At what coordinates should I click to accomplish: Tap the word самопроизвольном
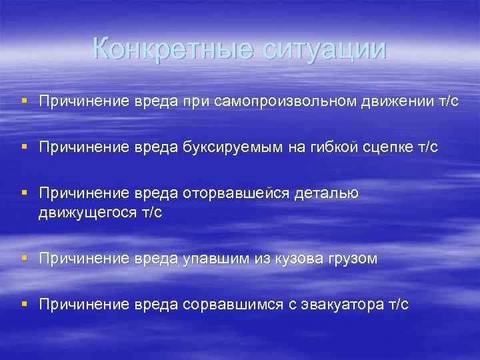(287, 102)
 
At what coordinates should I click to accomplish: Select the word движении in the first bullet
(396, 102)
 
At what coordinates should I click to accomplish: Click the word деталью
(326, 194)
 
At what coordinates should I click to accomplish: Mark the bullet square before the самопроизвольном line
(24, 101)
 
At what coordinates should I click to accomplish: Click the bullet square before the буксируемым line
(24, 147)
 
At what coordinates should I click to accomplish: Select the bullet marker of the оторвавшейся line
(24, 193)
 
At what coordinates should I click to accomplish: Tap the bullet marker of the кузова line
(24, 257)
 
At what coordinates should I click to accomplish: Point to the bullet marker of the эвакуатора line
(24, 304)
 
